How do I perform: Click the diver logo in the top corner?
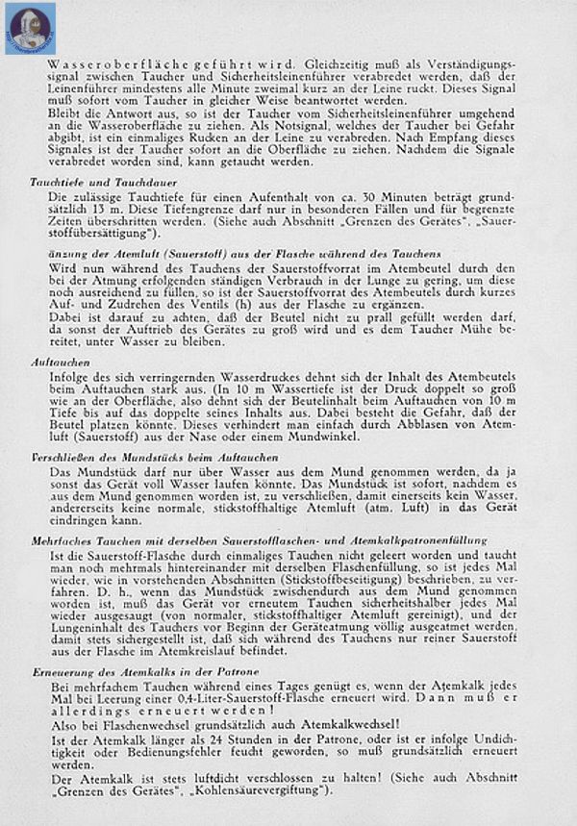click(30, 27)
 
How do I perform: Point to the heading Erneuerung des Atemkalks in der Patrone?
click(136, 670)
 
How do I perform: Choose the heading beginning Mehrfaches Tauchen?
click(260, 540)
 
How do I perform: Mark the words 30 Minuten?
click(335, 196)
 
